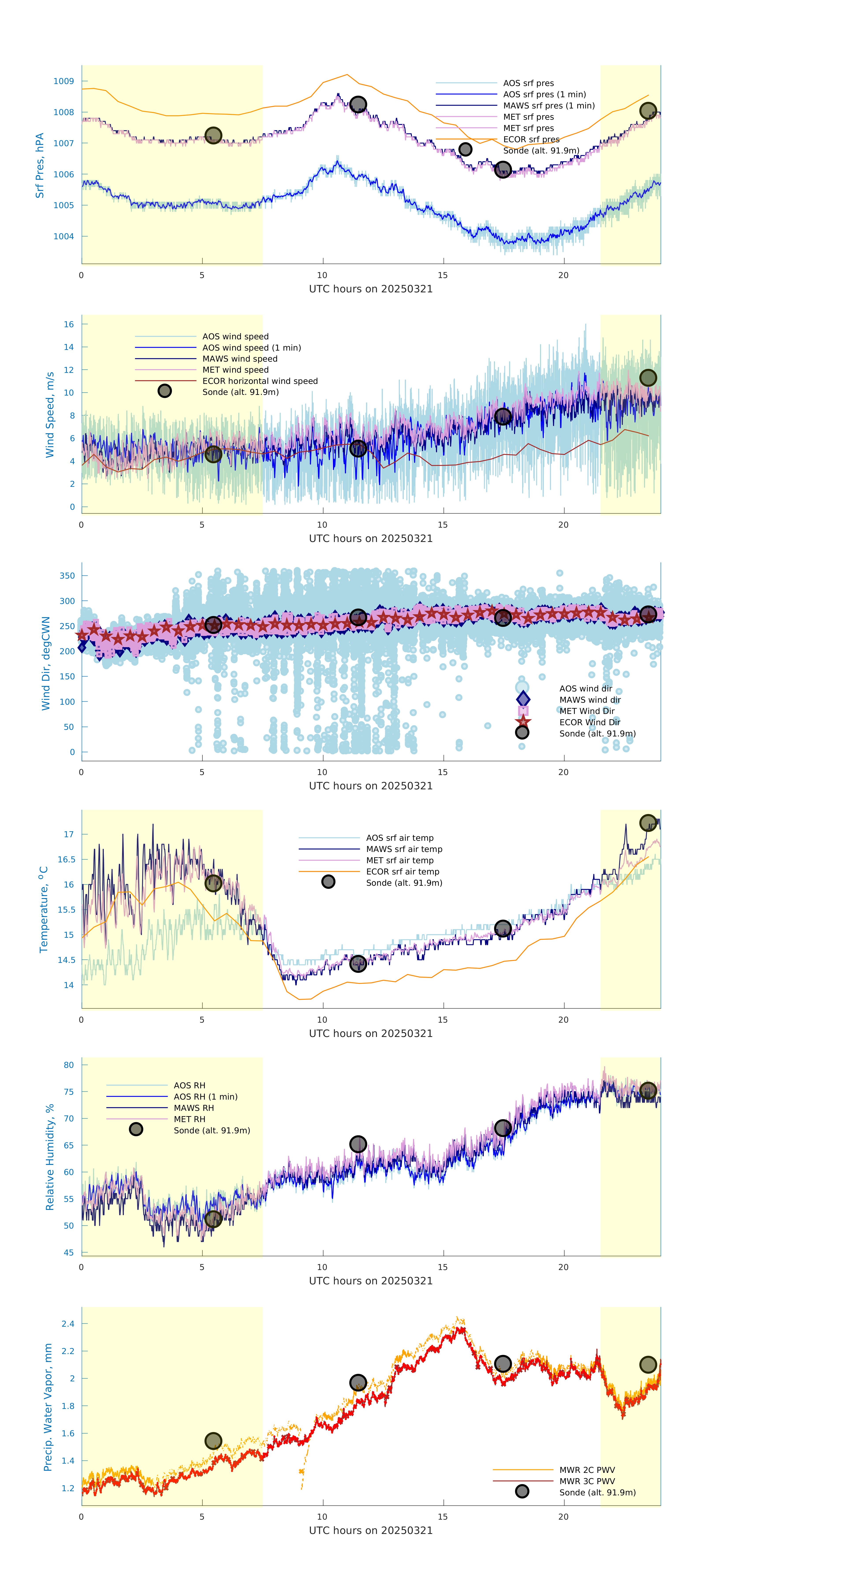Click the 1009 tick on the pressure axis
(63, 81)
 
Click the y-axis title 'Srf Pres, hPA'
(40, 165)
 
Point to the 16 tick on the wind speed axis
(69, 324)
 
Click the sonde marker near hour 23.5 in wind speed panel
(648, 378)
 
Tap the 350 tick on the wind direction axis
(67, 576)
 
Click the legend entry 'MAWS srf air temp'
(404, 849)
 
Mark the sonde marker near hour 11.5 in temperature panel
(358, 964)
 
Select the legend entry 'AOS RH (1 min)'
(205, 1097)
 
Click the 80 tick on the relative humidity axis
(69, 1065)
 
